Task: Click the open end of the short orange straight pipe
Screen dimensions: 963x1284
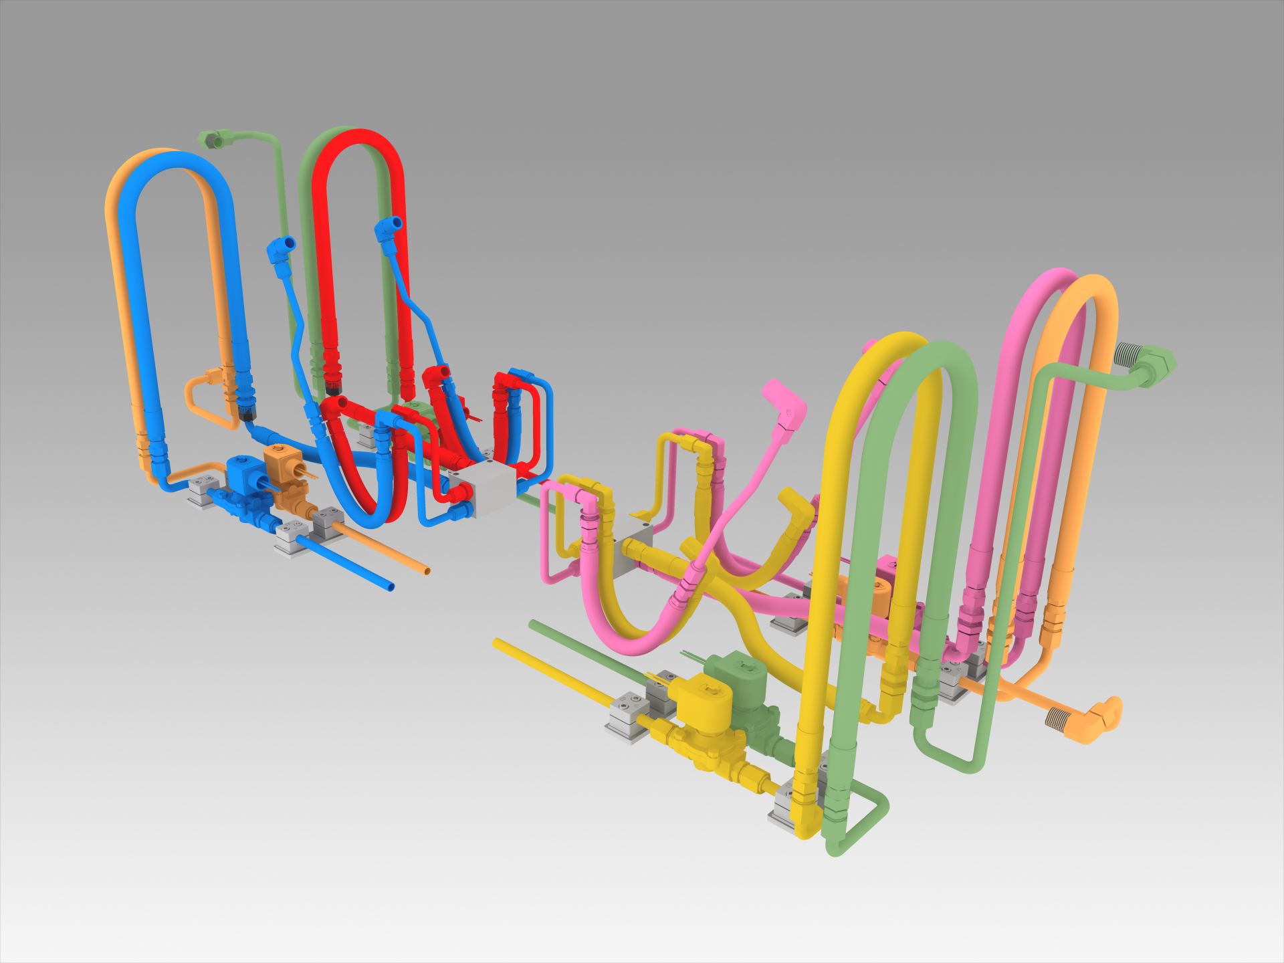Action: (x=425, y=571)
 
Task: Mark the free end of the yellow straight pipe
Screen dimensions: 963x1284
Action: (x=497, y=643)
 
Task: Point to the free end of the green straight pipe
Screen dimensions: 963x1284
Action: (x=533, y=624)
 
